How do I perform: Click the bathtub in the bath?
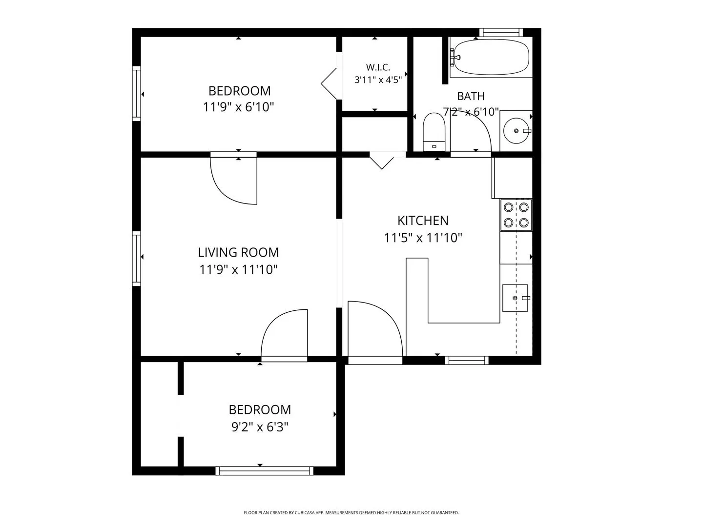coord(491,57)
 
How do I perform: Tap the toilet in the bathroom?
coord(434,132)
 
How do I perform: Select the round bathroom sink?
coord(516,131)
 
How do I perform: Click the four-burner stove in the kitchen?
coord(516,215)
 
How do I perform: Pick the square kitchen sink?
coord(515,298)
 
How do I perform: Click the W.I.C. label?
coord(378,67)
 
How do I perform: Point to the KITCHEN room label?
coord(423,221)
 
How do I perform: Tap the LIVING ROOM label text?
coord(238,252)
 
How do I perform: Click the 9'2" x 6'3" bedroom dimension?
coord(260,427)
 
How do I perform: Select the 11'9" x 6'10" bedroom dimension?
coord(239,107)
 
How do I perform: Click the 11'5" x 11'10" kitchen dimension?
coord(423,238)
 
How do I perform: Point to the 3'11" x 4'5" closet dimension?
coord(378,80)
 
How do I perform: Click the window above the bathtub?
coord(501,32)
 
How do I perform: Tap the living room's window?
coord(136,258)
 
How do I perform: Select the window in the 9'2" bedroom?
coord(264,471)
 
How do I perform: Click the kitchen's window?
coord(467,360)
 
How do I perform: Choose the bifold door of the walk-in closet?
coord(329,84)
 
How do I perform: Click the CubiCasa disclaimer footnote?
coord(351,513)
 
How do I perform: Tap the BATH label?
coord(471,96)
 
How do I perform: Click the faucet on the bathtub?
coord(455,57)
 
